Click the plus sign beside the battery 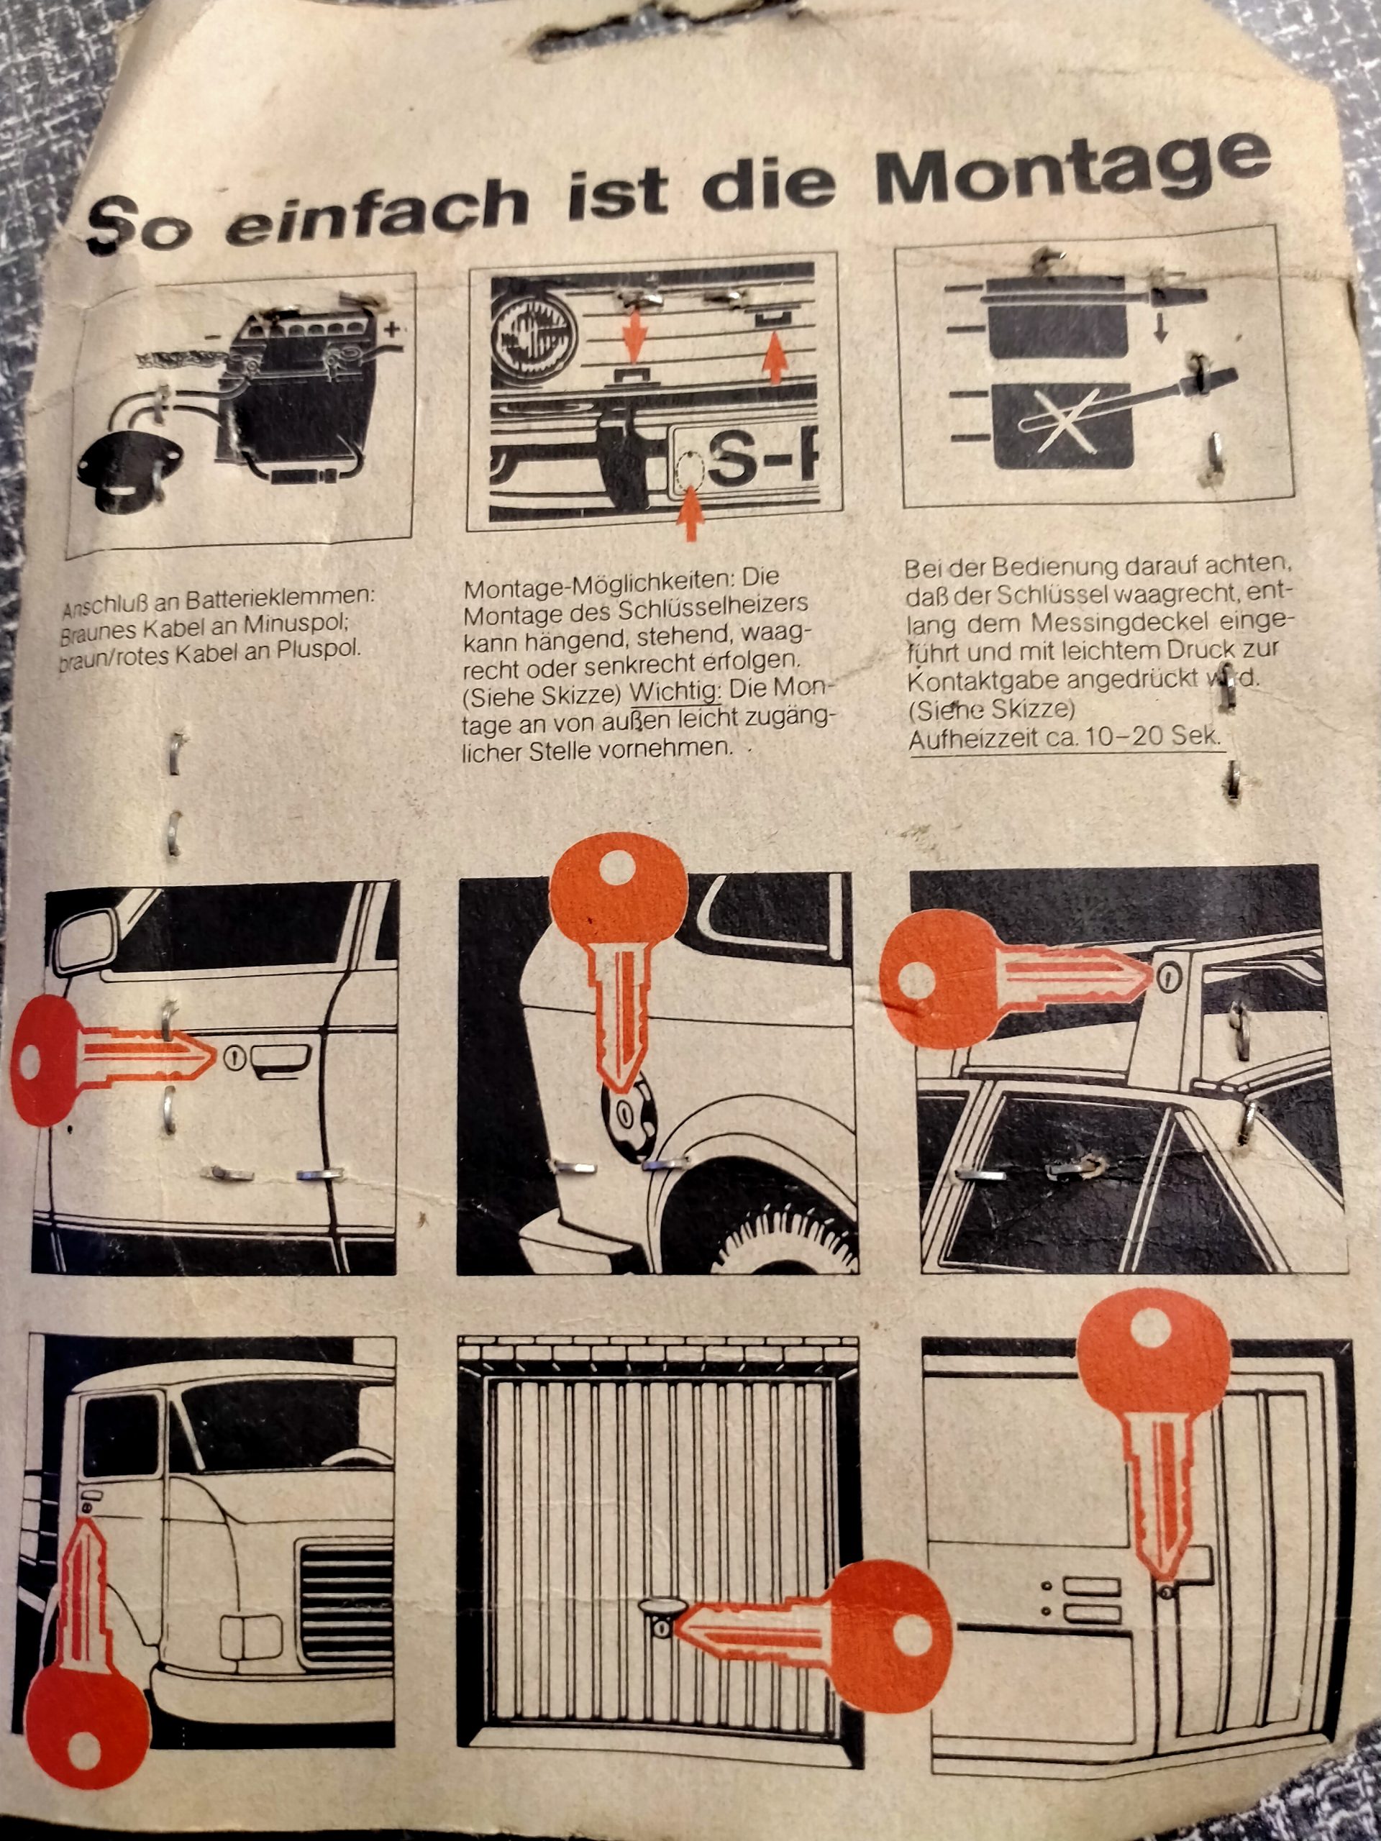(391, 329)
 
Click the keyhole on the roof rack (1169, 974)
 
